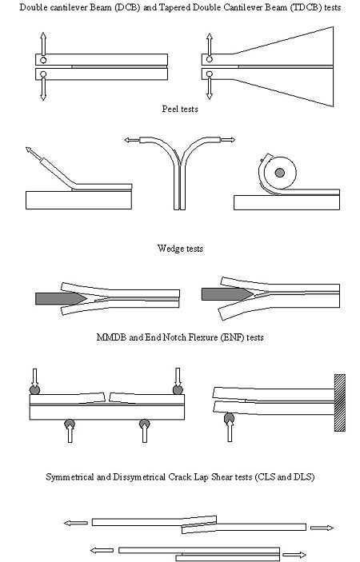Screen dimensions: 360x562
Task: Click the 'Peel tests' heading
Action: tap(180, 109)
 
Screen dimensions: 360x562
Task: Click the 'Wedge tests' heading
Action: tap(180, 249)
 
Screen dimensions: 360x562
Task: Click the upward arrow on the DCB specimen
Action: tap(43, 44)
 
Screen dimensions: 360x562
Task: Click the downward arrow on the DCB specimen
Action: tap(43, 89)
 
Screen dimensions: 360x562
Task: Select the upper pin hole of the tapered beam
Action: tap(210, 59)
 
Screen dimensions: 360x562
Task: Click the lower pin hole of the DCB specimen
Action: tap(43, 74)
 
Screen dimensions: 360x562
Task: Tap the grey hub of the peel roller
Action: tap(280, 173)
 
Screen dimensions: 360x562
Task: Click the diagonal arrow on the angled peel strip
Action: tap(34, 153)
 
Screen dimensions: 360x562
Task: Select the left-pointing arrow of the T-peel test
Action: tap(132, 140)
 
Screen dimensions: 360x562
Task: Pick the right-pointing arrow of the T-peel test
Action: tap(228, 140)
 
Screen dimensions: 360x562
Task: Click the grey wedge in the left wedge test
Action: tap(61, 298)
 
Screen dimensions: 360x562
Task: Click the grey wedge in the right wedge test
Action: tap(227, 294)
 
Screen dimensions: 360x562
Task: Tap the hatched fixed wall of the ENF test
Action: tap(340, 402)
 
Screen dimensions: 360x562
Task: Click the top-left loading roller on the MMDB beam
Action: tap(34, 389)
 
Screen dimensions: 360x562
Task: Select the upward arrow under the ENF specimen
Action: tap(230, 430)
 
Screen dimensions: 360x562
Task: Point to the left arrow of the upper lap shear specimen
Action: tap(76, 524)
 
